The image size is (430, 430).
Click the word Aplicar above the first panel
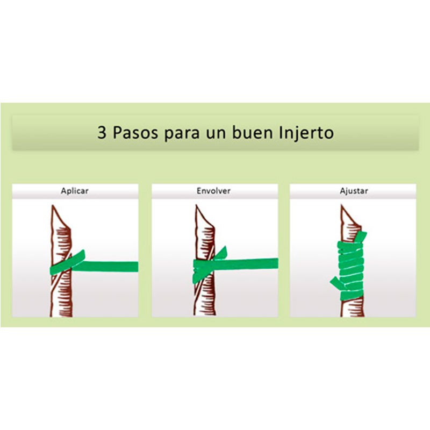pyautogui.click(x=75, y=191)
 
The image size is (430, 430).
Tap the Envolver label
pyautogui.click(x=213, y=191)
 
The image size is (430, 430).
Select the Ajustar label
pyautogui.click(x=354, y=191)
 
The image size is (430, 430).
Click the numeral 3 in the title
pyautogui.click(x=102, y=133)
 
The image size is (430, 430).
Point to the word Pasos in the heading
pyautogui.click(x=135, y=133)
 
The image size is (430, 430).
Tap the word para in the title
pyautogui.click(x=182, y=134)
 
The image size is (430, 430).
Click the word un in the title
pyautogui.click(x=216, y=134)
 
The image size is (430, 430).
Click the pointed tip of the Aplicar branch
pyautogui.click(x=53, y=206)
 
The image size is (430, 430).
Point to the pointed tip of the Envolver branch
pyautogui.click(x=197, y=206)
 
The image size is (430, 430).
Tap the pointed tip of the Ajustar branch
pyautogui.click(x=342, y=206)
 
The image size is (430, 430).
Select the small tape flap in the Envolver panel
pyautogui.click(x=221, y=253)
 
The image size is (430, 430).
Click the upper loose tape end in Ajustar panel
pyautogui.click(x=360, y=236)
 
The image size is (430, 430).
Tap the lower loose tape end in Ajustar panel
pyautogui.click(x=335, y=283)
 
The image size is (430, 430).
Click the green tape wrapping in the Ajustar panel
pyautogui.click(x=351, y=270)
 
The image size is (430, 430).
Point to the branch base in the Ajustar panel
pyautogui.click(x=353, y=310)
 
